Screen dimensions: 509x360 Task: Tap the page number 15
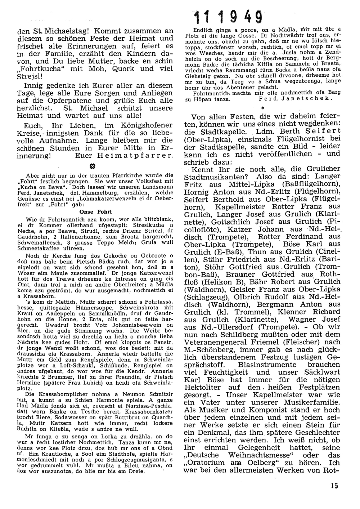coord(334,486)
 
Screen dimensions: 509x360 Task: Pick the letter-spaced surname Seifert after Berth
coord(316,131)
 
